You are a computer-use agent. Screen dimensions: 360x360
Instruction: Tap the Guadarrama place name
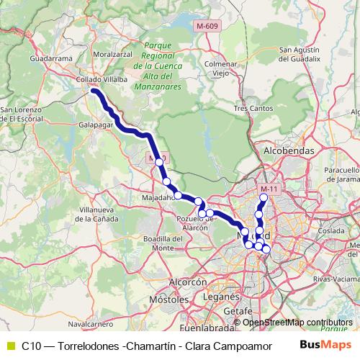click(50, 58)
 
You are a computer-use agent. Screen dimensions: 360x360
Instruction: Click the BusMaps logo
click(325, 345)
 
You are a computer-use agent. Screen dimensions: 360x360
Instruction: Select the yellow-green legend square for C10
click(10, 345)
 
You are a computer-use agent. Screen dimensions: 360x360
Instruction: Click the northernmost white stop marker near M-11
click(264, 197)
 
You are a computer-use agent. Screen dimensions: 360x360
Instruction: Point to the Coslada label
click(333, 230)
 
